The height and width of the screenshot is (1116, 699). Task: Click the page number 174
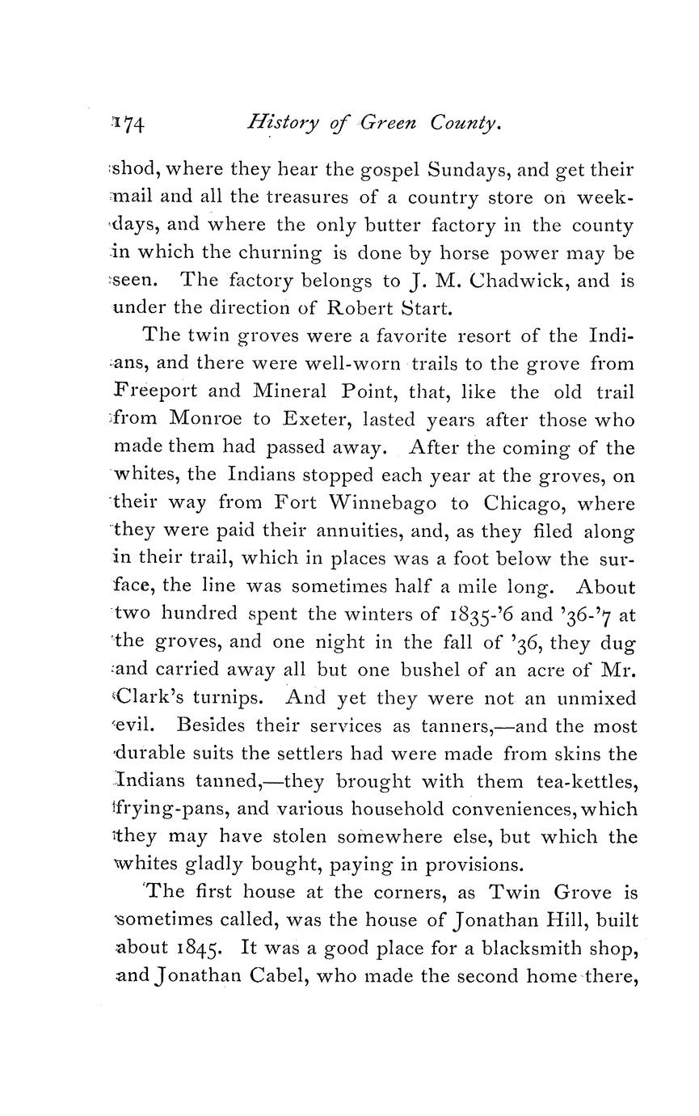[129, 124]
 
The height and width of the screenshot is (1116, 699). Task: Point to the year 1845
[196, 949]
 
